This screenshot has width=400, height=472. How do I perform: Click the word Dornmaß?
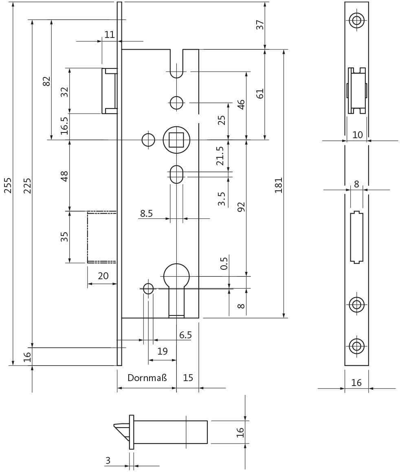pos(147,377)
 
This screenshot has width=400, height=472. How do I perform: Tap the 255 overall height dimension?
pos(7,185)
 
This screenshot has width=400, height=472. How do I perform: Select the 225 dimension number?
pos(27,185)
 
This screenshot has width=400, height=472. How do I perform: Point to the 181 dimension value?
pos(278,185)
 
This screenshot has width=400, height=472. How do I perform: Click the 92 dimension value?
pos(241,207)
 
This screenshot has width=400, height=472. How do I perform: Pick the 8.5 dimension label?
pos(147,214)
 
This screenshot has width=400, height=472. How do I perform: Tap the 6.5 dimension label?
pos(185,335)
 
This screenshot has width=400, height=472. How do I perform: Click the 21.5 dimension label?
pos(220,156)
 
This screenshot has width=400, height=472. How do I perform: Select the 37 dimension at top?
pos(260,25)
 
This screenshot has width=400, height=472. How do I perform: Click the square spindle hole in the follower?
pos(176,140)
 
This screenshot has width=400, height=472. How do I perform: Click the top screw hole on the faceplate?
pos(357,20)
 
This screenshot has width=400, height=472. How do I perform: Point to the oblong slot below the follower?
pos(176,174)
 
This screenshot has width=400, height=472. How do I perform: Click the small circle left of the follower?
pos(148,140)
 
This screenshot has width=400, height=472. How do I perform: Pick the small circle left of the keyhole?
pos(148,289)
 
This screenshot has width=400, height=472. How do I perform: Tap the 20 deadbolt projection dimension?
pos(103,276)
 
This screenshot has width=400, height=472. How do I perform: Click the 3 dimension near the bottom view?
pos(108,460)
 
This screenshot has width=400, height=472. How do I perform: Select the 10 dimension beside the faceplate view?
pos(357,135)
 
